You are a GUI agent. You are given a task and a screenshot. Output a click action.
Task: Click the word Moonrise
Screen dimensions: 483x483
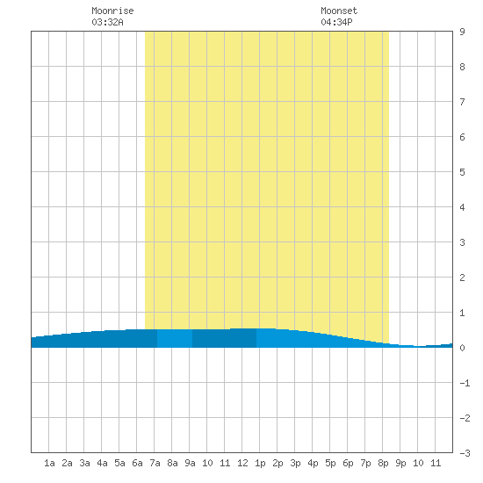pyautogui.click(x=112, y=11)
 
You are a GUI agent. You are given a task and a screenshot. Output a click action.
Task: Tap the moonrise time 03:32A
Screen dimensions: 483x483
pyautogui.click(x=107, y=22)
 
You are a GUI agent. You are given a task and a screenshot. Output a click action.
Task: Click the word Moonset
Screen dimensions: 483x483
pyautogui.click(x=339, y=11)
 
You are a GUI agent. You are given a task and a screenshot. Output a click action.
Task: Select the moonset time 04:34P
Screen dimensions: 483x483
pyautogui.click(x=336, y=22)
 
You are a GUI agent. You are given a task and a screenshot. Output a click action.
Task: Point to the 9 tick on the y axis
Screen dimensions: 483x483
pyautogui.click(x=462, y=32)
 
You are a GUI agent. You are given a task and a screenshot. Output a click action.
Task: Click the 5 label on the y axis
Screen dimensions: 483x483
pyautogui.click(x=462, y=172)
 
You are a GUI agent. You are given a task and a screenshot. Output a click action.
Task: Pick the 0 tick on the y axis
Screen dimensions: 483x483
pyautogui.click(x=462, y=348)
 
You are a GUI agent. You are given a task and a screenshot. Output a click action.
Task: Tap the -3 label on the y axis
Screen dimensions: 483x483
pyautogui.click(x=465, y=453)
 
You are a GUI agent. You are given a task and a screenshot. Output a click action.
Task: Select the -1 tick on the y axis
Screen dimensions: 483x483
pyautogui.click(x=465, y=383)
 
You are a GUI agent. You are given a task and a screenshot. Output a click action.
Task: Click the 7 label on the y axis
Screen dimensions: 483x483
pyautogui.click(x=462, y=102)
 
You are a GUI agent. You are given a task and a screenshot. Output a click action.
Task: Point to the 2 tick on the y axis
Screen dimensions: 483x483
pyautogui.click(x=462, y=278)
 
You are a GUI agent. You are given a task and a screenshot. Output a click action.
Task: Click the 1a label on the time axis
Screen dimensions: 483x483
pyautogui.click(x=49, y=463)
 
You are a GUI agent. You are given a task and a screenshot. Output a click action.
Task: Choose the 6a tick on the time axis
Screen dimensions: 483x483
pyautogui.click(x=137, y=463)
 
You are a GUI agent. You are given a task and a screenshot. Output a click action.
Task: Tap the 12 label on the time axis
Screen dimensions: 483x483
pyautogui.click(x=242, y=463)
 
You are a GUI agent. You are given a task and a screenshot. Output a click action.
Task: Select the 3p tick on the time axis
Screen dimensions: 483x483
pyautogui.click(x=295, y=463)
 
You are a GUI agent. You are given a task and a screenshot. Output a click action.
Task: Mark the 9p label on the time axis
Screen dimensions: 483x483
pyautogui.click(x=400, y=463)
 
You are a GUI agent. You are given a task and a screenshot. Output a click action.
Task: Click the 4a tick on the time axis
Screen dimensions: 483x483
pyautogui.click(x=102, y=463)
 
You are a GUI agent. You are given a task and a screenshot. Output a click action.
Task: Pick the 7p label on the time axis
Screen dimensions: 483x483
pyautogui.click(x=365, y=463)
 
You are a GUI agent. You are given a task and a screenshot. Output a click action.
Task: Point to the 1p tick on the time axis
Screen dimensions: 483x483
pyautogui.click(x=260, y=463)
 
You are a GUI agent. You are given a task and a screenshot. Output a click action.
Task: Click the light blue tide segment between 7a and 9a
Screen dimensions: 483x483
pyautogui.click(x=175, y=338)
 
